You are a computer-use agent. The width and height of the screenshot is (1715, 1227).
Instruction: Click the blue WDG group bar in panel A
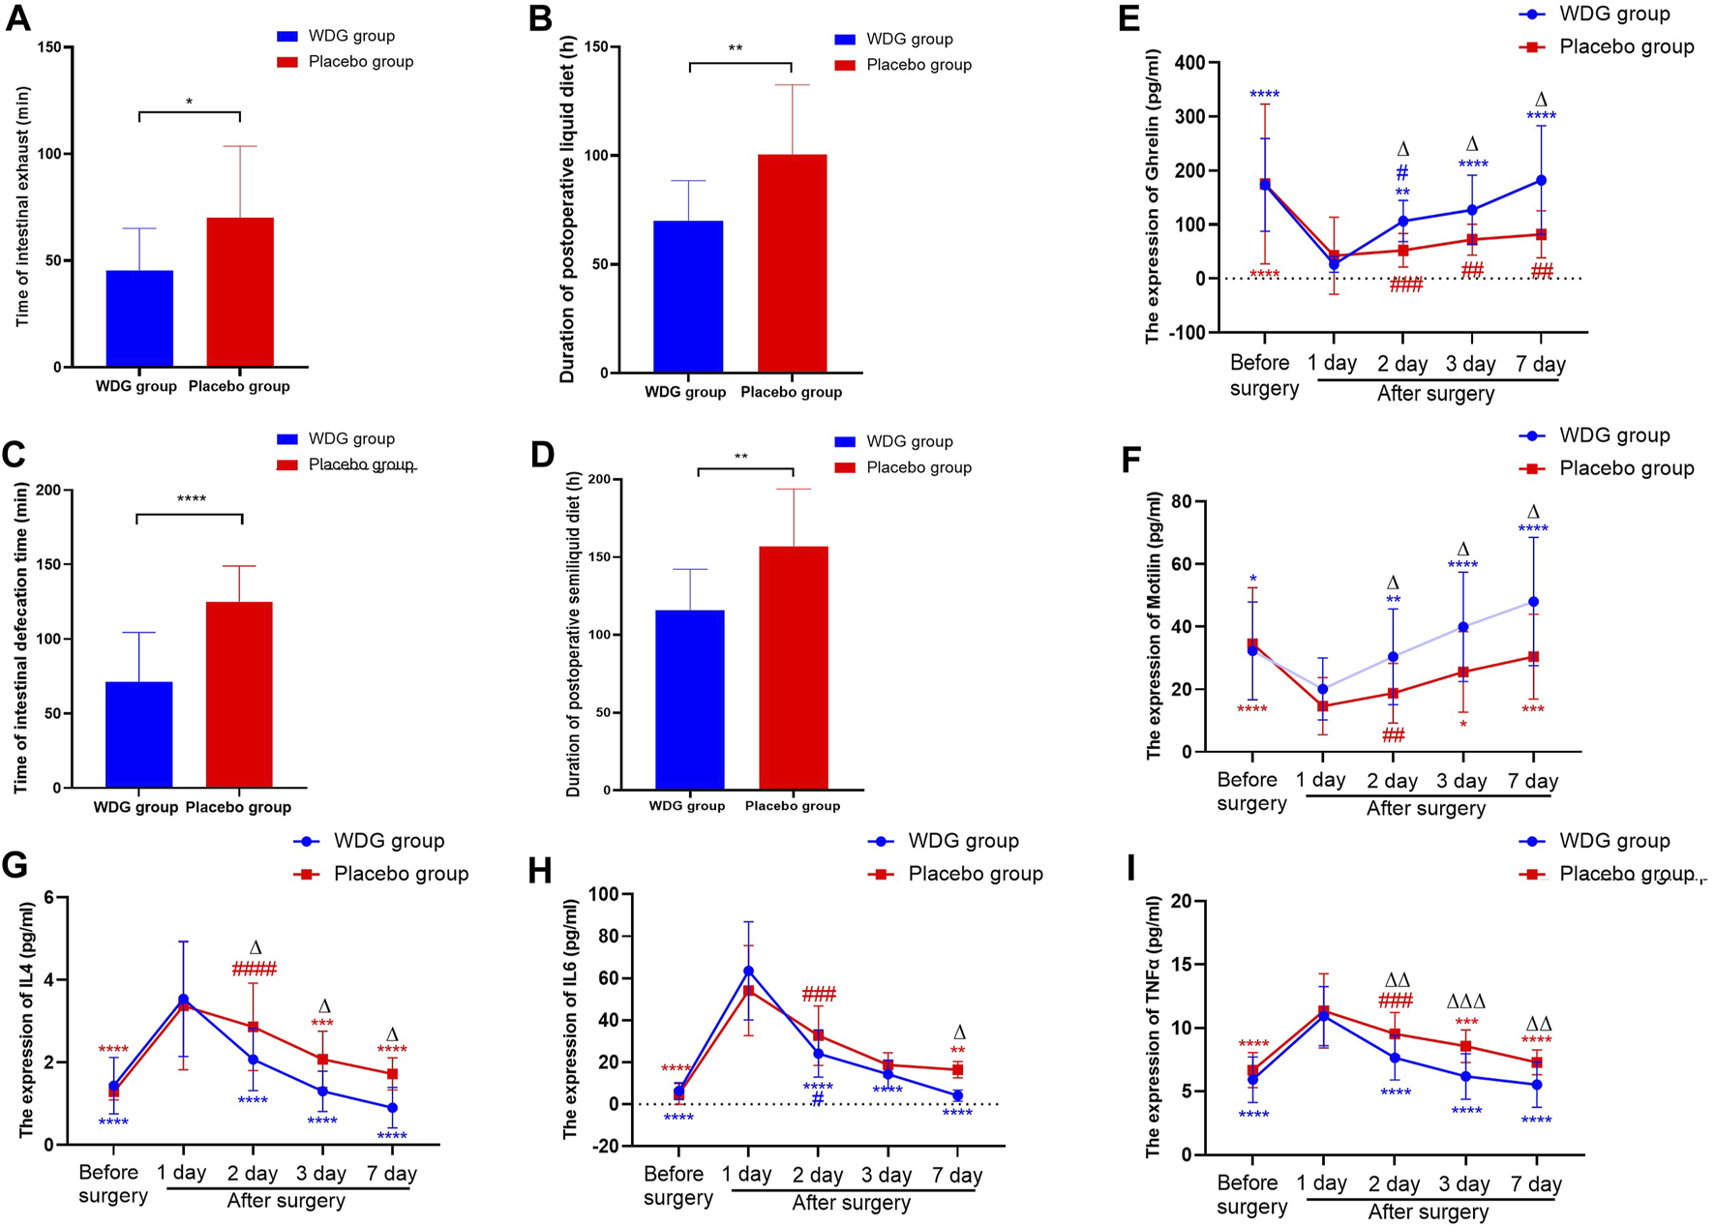click(139, 318)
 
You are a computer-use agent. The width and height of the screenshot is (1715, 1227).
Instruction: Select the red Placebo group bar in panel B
click(792, 263)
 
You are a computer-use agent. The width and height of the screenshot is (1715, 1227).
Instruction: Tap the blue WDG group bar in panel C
click(138, 734)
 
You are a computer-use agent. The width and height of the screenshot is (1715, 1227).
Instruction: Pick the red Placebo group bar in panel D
click(794, 668)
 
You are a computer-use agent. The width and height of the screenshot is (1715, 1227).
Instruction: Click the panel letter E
click(1128, 19)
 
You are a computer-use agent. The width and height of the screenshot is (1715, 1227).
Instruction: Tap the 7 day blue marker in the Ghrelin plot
click(1541, 180)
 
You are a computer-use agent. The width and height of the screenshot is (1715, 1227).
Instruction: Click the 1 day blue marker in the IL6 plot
click(747, 971)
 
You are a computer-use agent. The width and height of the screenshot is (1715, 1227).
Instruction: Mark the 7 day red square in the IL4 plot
click(392, 1074)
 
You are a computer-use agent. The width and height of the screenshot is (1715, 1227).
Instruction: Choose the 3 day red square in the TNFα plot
click(1465, 1046)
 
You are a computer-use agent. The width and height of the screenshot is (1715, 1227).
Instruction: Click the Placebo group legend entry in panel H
click(975, 874)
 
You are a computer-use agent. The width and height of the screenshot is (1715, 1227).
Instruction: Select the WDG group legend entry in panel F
click(1613, 435)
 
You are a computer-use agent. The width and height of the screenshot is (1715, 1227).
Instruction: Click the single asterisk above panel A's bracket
click(190, 102)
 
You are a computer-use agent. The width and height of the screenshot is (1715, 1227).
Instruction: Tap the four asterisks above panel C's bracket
click(192, 499)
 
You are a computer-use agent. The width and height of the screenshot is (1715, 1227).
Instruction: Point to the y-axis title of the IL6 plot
click(571, 1016)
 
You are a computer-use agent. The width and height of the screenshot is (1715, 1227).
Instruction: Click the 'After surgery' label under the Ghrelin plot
click(1435, 394)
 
